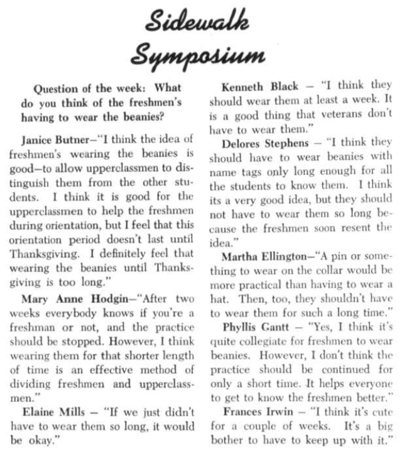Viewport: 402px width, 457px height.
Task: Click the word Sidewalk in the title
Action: point(196,23)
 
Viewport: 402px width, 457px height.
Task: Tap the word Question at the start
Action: point(59,88)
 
